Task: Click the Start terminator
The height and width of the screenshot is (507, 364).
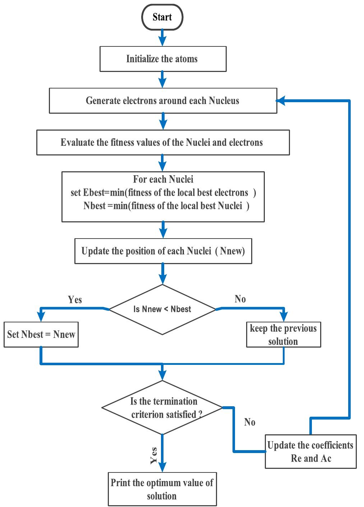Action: point(162,17)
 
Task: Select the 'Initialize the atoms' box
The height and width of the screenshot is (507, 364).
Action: point(162,59)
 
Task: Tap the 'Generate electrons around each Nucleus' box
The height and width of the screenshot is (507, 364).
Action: point(162,101)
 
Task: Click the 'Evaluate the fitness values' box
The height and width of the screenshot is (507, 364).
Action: point(162,142)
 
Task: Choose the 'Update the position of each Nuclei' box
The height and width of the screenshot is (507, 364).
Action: point(162,251)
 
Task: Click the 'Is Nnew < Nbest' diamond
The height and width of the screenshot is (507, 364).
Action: point(162,309)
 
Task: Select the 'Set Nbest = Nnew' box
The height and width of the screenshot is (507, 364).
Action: point(41,335)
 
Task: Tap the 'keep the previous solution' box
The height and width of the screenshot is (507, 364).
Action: point(283,335)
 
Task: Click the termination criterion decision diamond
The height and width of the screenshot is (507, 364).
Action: point(162,408)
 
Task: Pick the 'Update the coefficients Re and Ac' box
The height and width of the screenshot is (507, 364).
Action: point(310,452)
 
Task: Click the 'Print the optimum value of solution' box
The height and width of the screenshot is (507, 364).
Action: point(162,489)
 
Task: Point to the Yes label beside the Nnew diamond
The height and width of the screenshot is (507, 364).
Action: point(75,300)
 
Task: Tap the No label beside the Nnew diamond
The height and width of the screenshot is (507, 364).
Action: point(240,299)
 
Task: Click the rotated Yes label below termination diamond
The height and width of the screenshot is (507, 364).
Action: point(153,455)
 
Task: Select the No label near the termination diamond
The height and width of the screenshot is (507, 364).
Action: point(250,422)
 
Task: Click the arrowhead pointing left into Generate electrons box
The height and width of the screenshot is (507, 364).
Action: point(281,101)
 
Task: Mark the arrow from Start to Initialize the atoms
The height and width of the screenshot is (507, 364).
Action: point(162,37)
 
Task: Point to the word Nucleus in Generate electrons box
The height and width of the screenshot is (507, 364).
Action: point(224,101)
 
